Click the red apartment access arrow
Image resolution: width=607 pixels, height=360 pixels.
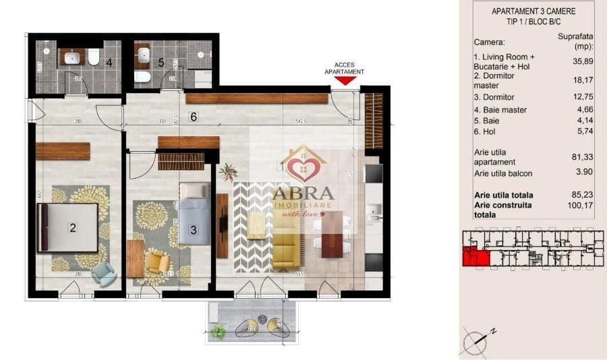(345, 80)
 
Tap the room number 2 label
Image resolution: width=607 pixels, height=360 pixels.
(72, 228)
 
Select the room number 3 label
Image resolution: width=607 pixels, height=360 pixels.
(193, 230)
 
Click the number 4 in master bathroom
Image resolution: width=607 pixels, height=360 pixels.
(109, 63)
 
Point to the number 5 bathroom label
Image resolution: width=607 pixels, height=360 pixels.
(161, 63)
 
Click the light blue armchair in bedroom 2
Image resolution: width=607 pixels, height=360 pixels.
(103, 272)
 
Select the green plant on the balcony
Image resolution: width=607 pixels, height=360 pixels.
(218, 330)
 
